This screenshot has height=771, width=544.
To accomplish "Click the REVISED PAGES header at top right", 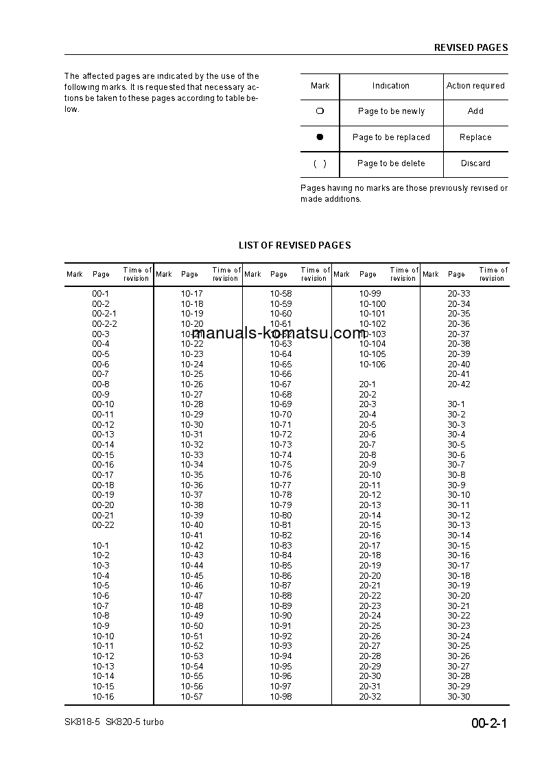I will coord(471,48).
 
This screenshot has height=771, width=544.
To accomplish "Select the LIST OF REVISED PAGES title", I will coord(294,245).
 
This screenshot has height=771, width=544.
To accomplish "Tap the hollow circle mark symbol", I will coord(320,111).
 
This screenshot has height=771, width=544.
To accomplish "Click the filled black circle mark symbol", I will coord(320,137).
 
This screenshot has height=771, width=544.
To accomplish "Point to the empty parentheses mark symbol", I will coord(320,163).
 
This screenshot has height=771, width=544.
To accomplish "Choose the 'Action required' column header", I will coord(475,86).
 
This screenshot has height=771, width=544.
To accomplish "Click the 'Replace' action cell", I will coord(475,137).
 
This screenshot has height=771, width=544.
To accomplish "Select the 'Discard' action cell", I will coord(475,163).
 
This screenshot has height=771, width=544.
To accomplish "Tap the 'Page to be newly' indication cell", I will coord(391,111).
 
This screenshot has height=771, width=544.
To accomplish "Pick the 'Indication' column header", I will coord(390,86).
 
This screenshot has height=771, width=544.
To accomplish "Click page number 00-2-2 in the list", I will coord(104,324).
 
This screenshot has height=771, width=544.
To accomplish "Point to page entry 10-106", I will coord(372,365).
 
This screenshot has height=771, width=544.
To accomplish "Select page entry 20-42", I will coord(459,384).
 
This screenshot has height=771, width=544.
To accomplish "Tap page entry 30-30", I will coord(459,697).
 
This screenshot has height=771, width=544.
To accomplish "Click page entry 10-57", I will coord(192,697).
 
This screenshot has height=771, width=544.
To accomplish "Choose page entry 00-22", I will coord(103,525).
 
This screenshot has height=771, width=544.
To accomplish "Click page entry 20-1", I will coord(367,384).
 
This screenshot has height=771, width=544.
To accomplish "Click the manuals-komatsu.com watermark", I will coord(279,334).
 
